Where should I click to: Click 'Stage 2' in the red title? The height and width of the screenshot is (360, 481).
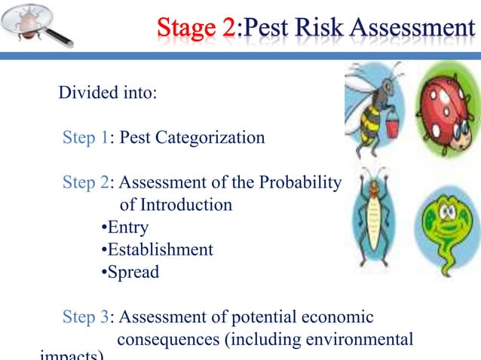click(196, 29)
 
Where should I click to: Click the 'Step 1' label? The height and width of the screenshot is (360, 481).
click(85, 138)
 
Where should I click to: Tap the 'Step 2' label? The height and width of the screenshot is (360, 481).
click(85, 183)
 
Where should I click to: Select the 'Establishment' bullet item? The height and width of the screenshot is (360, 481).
click(159, 249)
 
